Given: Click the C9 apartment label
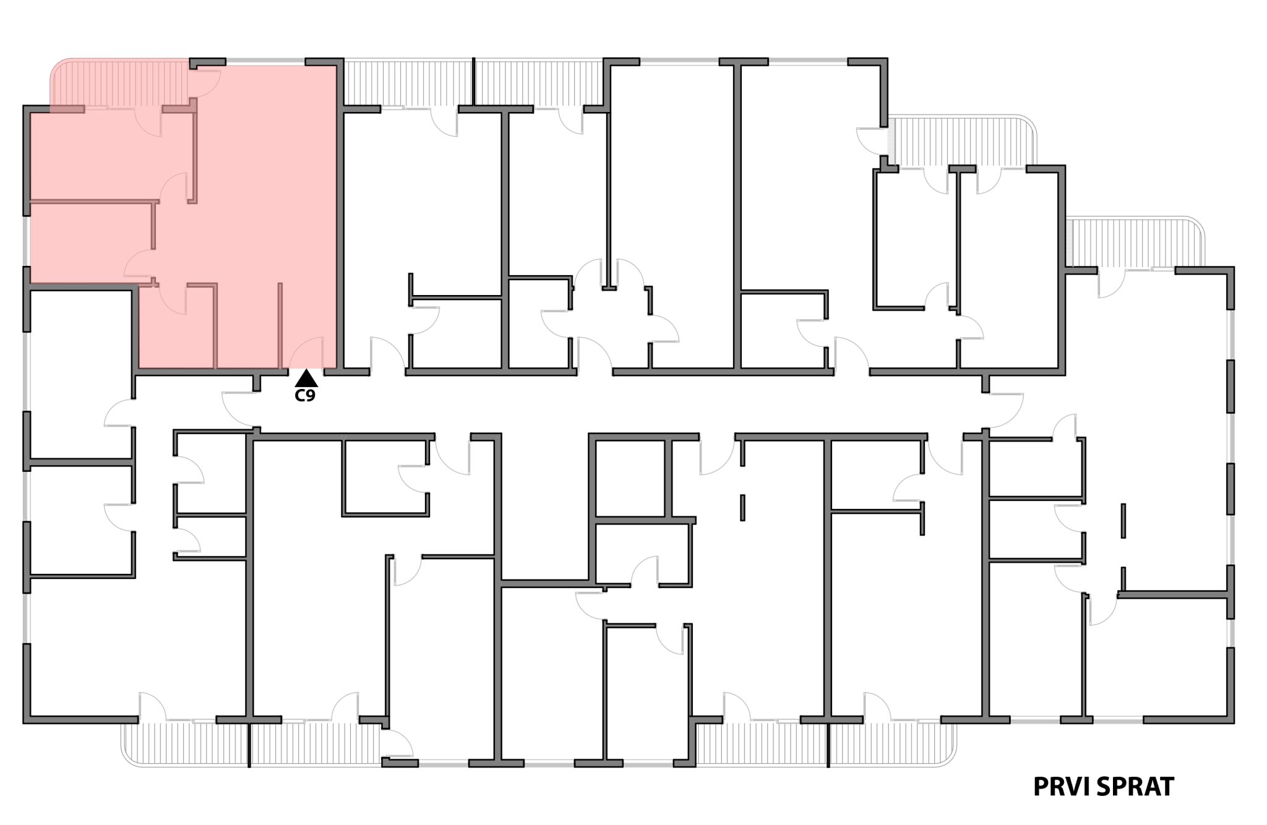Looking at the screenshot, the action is tap(305, 396).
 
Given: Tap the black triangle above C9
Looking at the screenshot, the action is tap(306, 378).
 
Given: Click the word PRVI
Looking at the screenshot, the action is tap(1062, 787).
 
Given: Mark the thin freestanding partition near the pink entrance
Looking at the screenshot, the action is tap(280, 325).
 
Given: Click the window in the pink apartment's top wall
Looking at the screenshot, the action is tap(265, 62).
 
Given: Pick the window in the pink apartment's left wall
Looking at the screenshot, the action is tap(27, 241).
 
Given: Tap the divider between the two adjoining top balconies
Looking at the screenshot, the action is tap(473, 82).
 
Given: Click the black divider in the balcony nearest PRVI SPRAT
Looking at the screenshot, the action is tap(828, 745).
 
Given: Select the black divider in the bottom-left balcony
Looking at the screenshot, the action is tap(249, 745).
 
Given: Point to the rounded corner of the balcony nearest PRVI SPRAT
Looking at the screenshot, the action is tap(947, 757).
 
